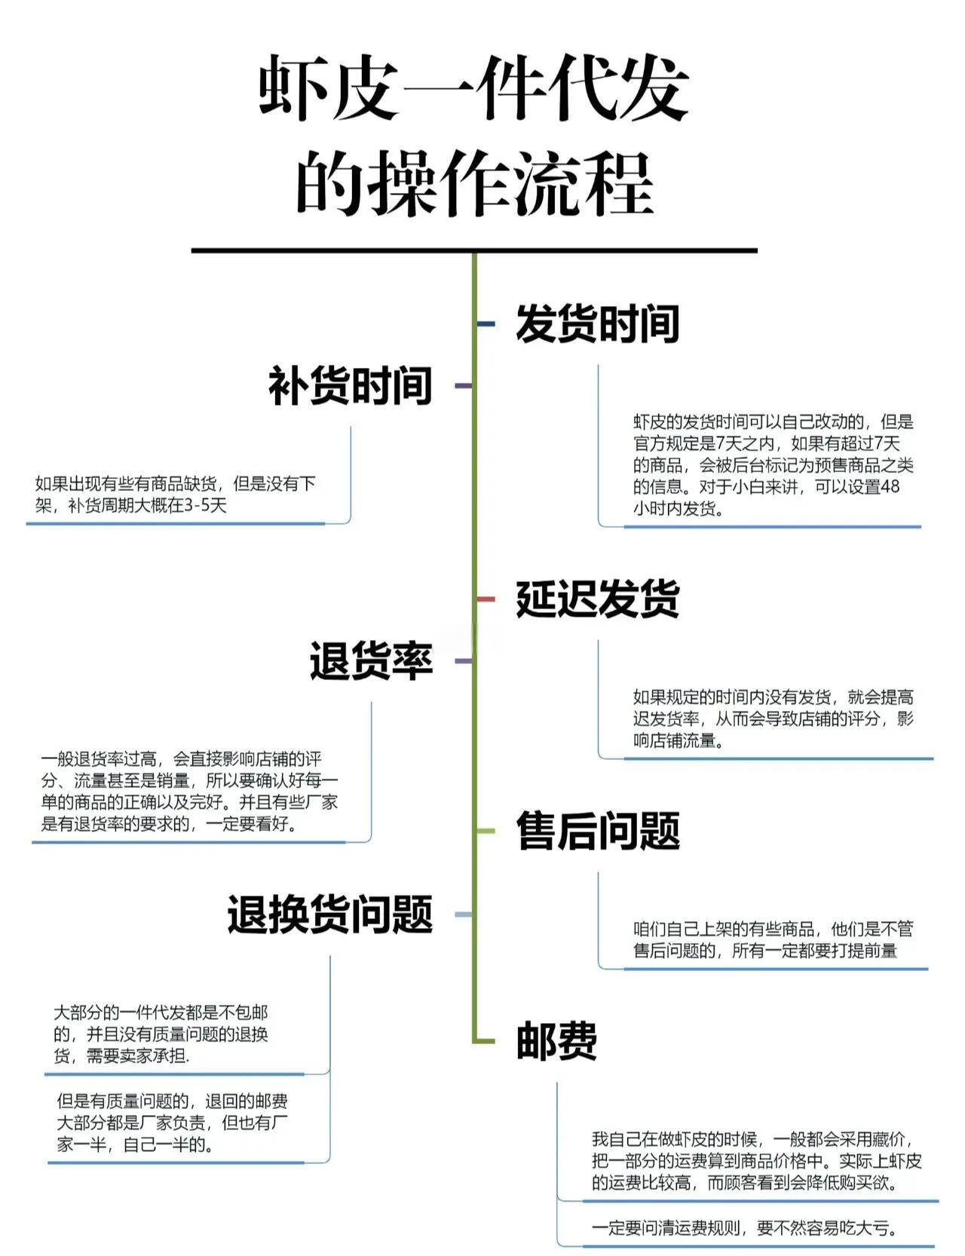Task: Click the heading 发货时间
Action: pos(598,324)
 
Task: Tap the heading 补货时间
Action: pos(351,386)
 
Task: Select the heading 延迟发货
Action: pos(598,599)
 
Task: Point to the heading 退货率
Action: pos(371,661)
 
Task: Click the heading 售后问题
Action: pos(598,831)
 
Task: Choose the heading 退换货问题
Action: pos(330,914)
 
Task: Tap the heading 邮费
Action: pos(556,1041)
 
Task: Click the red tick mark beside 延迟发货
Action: pos(486,599)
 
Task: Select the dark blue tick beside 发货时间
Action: pos(486,324)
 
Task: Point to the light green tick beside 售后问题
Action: pos(486,831)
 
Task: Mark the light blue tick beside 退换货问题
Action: pos(463,914)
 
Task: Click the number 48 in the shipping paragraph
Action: pos(890,487)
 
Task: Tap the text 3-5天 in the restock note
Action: pos(205,505)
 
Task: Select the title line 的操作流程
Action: pos(474,183)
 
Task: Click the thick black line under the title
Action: pos(474,250)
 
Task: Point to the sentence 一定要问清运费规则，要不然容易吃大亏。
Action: pos(745,1229)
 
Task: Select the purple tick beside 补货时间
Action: pos(463,386)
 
